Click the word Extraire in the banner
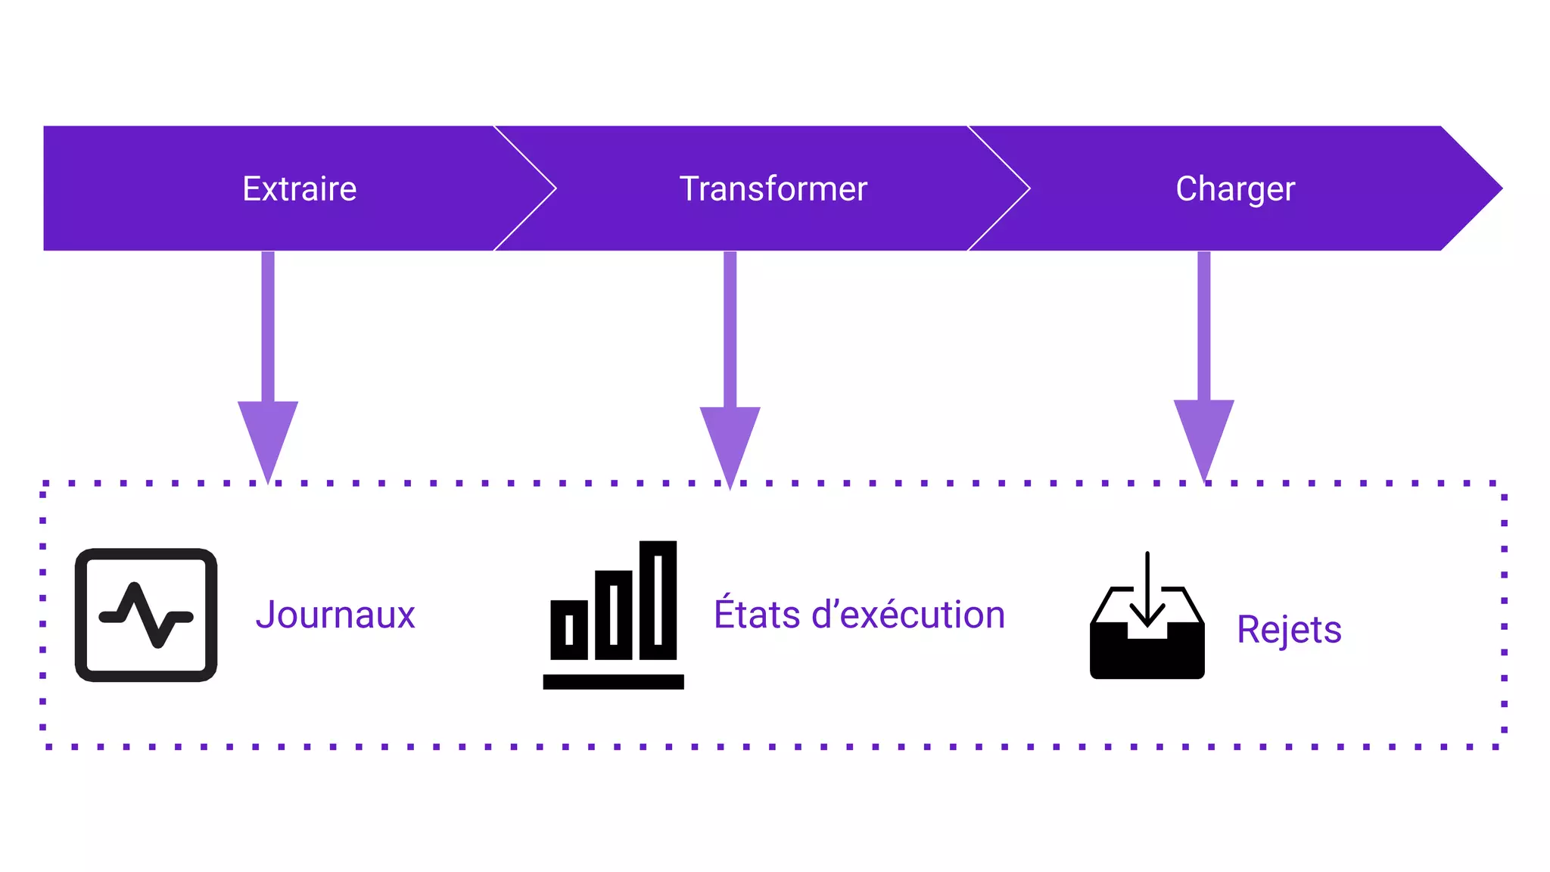pyautogui.click(x=299, y=188)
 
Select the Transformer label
pyautogui.click(x=773, y=188)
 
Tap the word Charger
pyautogui.click(x=1234, y=188)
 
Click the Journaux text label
pyautogui.click(x=335, y=614)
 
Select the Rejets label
pyautogui.click(x=1289, y=629)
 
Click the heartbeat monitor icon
pyautogui.click(x=146, y=615)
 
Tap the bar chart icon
pyautogui.click(x=613, y=615)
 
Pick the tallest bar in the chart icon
pyautogui.click(x=658, y=599)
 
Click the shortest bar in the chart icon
pyautogui.click(x=569, y=629)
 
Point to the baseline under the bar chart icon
pyautogui.click(x=613, y=681)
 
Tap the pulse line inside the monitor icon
pyautogui.click(x=146, y=615)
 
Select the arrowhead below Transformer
pyautogui.click(x=730, y=441)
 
